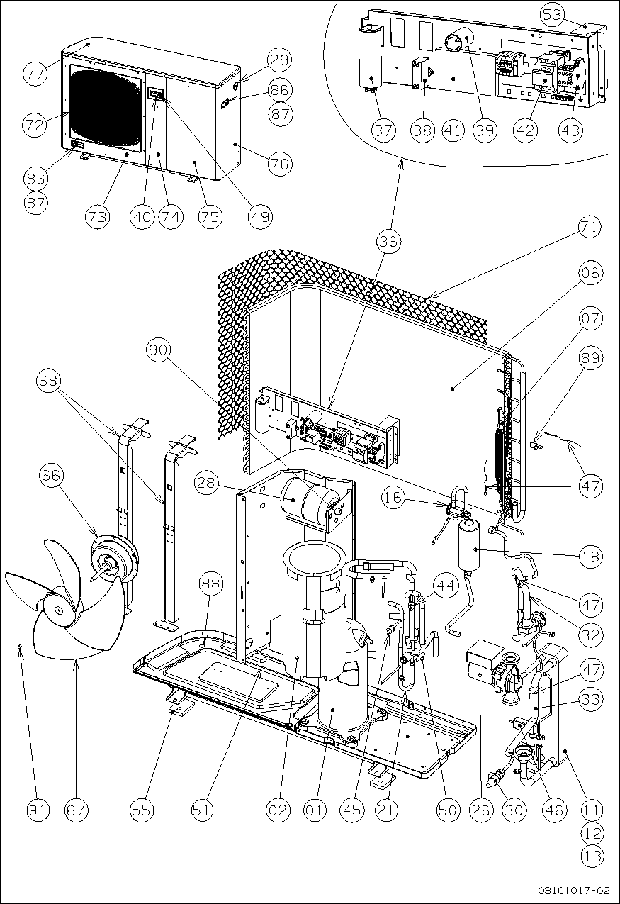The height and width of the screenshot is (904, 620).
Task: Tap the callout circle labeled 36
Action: (x=388, y=242)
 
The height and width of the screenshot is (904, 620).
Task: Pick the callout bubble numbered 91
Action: (x=39, y=810)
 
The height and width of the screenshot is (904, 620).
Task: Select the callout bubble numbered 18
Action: (x=590, y=557)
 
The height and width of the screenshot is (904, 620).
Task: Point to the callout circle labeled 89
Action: (x=590, y=359)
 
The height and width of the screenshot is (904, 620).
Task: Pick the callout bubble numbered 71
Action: (x=590, y=228)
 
